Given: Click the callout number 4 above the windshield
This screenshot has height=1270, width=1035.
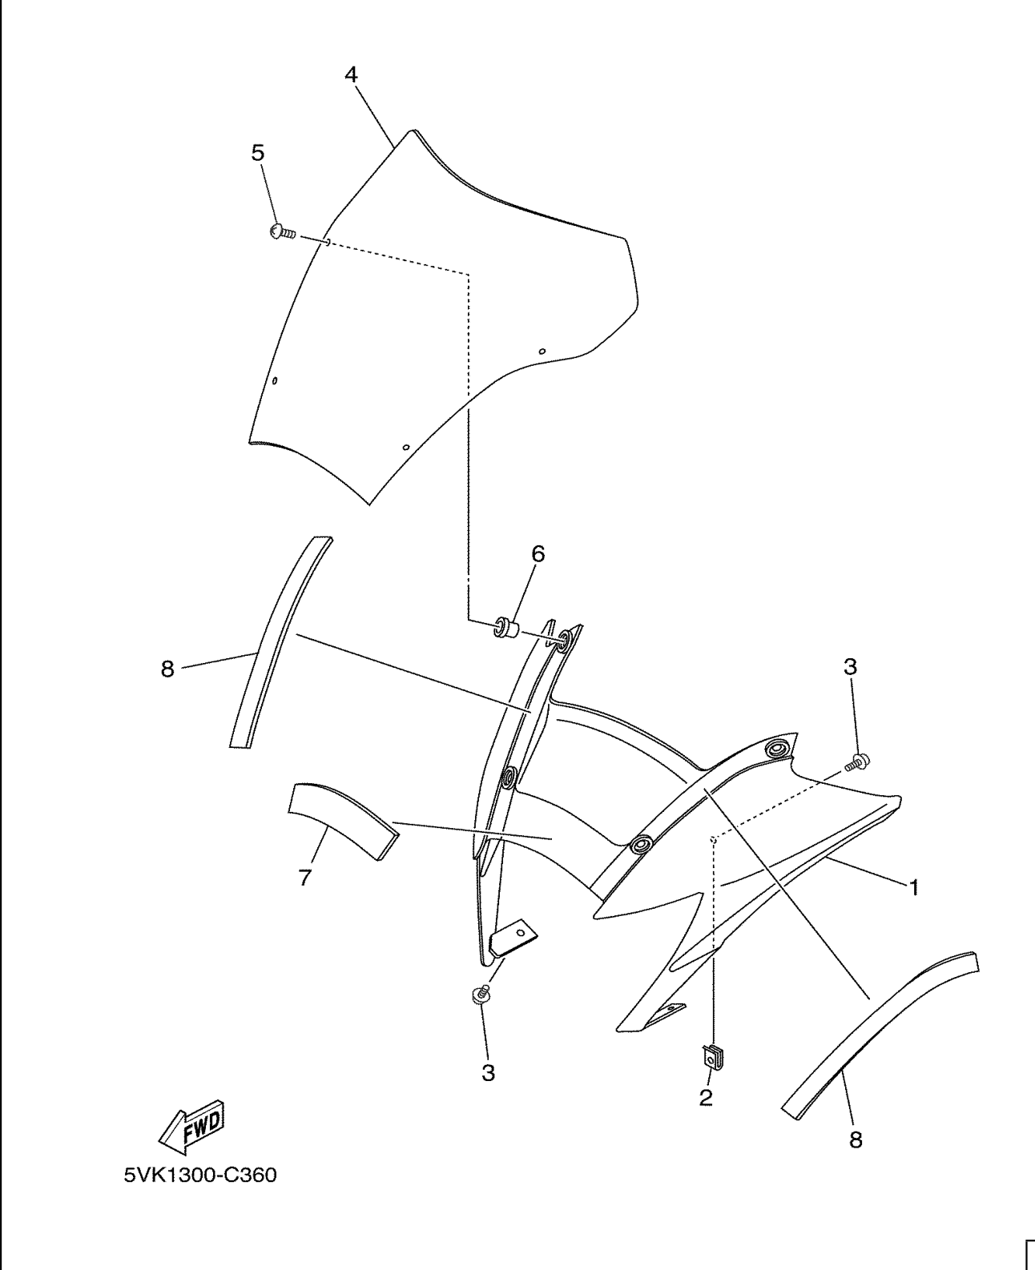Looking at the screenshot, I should [x=351, y=74].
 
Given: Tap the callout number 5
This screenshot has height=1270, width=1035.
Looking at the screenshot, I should [x=258, y=153].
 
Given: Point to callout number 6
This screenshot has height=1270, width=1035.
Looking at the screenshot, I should [x=538, y=553].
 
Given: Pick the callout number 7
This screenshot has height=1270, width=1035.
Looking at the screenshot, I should [x=304, y=878].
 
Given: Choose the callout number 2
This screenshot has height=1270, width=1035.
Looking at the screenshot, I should [x=705, y=1098].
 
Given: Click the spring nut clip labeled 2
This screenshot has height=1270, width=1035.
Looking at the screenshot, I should [x=711, y=1059].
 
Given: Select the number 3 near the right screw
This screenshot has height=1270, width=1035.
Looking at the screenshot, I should [x=850, y=666].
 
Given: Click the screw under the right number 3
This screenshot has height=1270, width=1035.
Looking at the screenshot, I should [x=859, y=761].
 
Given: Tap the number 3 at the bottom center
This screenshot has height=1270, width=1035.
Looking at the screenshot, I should [x=488, y=1073].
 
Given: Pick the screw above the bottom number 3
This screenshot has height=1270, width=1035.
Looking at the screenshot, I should [x=480, y=995].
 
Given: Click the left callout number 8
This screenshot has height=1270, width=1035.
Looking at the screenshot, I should [x=167, y=669].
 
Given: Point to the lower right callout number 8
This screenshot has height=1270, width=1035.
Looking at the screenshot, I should [x=856, y=1140].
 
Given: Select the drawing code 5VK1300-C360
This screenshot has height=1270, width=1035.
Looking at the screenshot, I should [x=199, y=1176].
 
